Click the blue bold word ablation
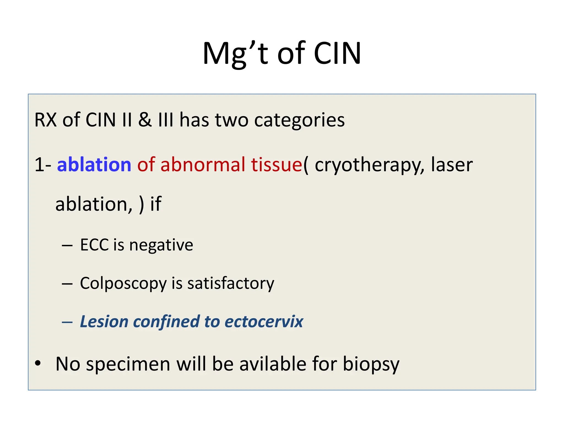coord(94,164)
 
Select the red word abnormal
coord(203,164)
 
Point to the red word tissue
coord(276,164)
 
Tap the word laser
coord(452,164)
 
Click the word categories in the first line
coord(299,120)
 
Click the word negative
coord(161,245)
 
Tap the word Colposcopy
coord(123,284)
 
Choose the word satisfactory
coord(231,284)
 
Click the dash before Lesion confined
coord(67,322)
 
